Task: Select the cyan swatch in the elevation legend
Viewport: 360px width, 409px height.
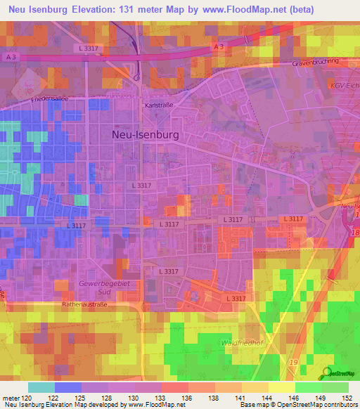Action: pyautogui.click(x=41, y=387)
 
